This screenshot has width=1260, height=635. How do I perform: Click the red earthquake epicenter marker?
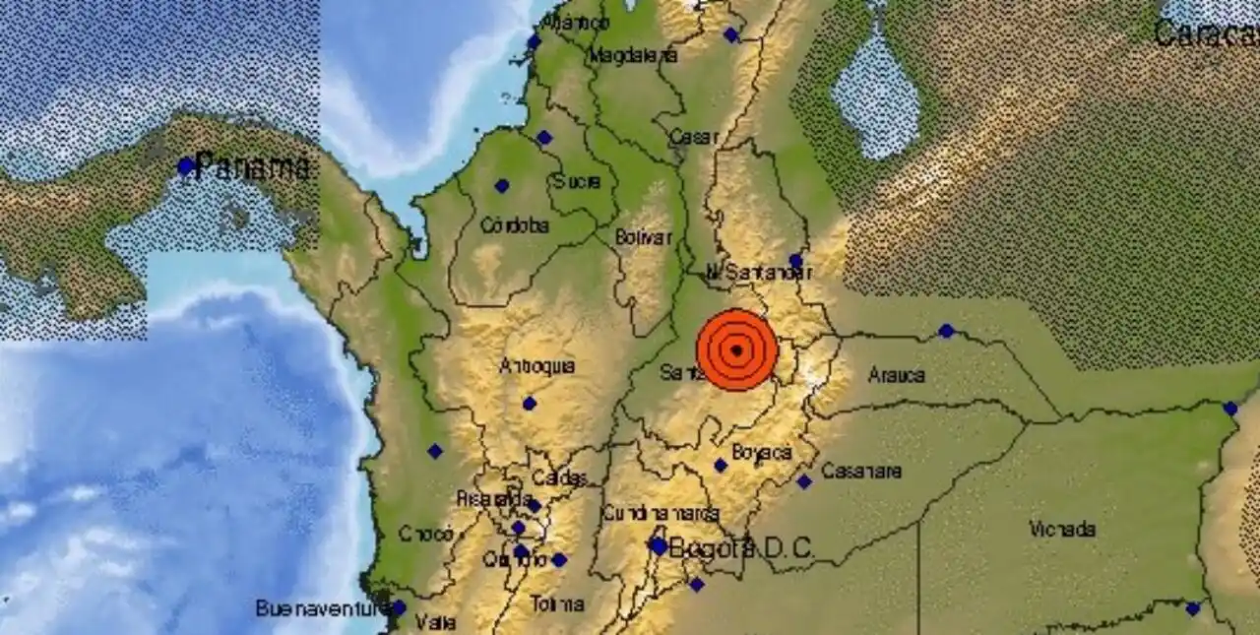click(736, 349)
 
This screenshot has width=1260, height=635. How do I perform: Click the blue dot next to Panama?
click(185, 166)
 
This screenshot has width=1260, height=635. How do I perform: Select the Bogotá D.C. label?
click(741, 548)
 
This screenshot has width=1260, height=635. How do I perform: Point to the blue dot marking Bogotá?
click(658, 546)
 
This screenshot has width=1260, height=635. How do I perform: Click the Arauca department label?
click(897, 375)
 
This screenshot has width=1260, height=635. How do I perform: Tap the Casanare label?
click(861, 471)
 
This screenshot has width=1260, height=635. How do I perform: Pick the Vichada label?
click(1062, 530)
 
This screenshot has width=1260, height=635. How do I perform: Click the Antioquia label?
click(536, 366)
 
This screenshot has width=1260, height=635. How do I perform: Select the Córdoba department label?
click(514, 225)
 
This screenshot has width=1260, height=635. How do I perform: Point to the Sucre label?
click(570, 181)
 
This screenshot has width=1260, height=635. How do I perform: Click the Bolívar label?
click(643, 237)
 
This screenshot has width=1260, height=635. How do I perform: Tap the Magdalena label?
click(633, 56)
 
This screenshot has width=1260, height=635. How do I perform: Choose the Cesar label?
click(693, 138)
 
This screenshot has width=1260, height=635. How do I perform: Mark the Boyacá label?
click(762, 452)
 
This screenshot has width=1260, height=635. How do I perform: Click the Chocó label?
click(426, 534)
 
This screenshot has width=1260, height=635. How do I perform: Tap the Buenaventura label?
click(320, 608)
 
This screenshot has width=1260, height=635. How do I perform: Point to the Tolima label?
click(557, 604)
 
